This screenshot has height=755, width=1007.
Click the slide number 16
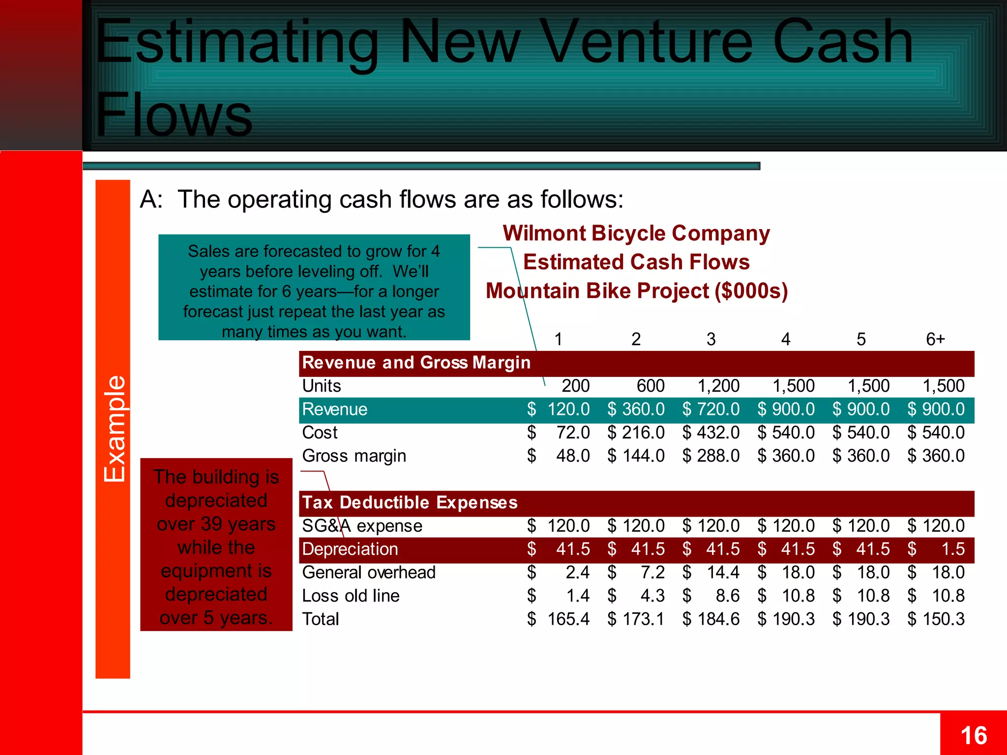coord(974,736)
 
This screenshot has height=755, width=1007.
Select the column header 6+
coord(935,339)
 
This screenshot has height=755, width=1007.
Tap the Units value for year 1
coord(575,386)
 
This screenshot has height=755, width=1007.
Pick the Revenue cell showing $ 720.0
coord(711,409)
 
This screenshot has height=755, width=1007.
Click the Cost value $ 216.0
coord(636,433)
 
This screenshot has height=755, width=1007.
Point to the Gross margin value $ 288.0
coord(711,456)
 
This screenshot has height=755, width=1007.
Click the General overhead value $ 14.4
coord(711,572)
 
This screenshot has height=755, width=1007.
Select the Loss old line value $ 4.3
coord(636,596)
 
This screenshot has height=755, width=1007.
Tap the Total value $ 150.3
coord(936,619)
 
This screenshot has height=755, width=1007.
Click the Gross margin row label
coord(354,456)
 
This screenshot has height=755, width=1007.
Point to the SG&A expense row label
coord(362,526)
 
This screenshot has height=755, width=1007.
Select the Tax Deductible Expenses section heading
coord(410,502)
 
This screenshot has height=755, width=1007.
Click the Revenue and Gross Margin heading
coord(416,363)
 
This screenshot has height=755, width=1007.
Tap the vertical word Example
coord(114,429)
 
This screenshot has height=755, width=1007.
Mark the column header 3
coord(711,339)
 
